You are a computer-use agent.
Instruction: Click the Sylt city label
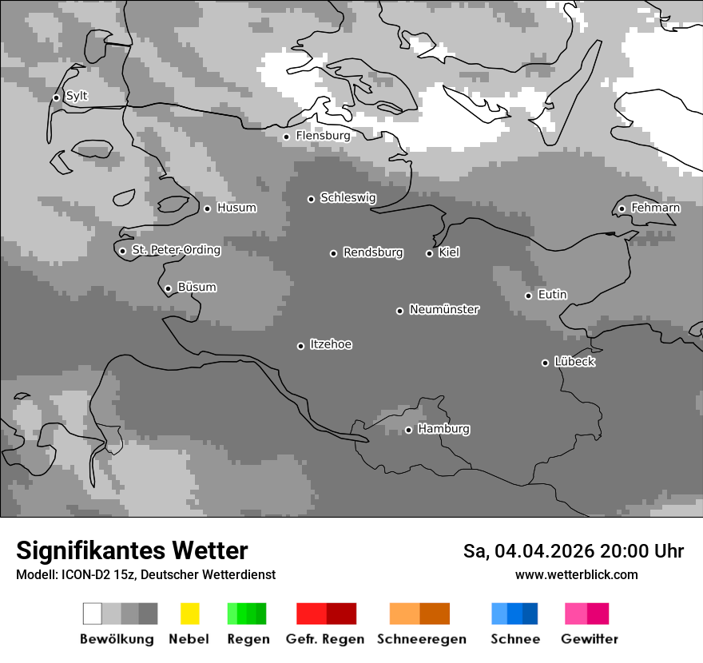(x=77, y=97)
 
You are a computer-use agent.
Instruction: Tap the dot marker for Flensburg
(x=286, y=137)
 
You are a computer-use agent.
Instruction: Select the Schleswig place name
(x=348, y=198)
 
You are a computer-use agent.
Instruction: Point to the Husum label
(x=236, y=208)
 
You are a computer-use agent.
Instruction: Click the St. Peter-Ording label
(x=176, y=250)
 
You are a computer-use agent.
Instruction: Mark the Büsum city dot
(x=168, y=289)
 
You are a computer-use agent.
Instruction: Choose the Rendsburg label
(x=372, y=253)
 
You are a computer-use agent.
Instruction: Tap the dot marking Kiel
(x=429, y=253)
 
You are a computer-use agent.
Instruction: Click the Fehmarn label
(x=655, y=208)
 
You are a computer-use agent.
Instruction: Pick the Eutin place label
(x=552, y=295)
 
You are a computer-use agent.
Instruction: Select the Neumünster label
(x=444, y=310)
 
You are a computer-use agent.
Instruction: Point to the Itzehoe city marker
(x=300, y=346)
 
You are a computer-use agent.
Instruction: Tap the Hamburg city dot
(x=408, y=430)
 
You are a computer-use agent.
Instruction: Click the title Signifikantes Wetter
(x=132, y=550)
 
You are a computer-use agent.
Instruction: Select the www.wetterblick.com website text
(x=576, y=574)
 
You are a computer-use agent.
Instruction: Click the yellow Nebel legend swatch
(x=189, y=613)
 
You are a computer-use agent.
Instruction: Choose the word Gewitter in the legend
(x=589, y=639)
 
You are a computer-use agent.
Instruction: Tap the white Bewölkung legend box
(x=93, y=613)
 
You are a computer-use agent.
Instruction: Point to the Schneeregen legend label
(x=421, y=639)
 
